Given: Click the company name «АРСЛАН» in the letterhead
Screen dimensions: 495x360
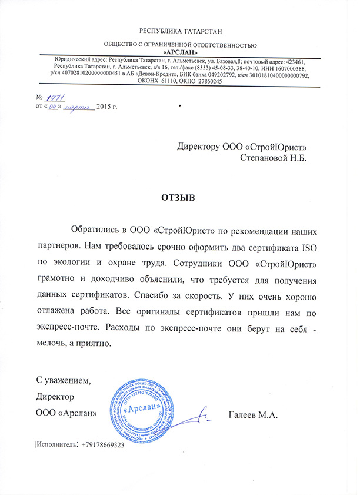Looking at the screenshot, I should pos(179,52).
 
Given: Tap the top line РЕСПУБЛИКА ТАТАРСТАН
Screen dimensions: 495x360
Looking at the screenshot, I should pos(180,29).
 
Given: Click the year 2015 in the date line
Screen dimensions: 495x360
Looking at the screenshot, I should pos(104,107).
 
